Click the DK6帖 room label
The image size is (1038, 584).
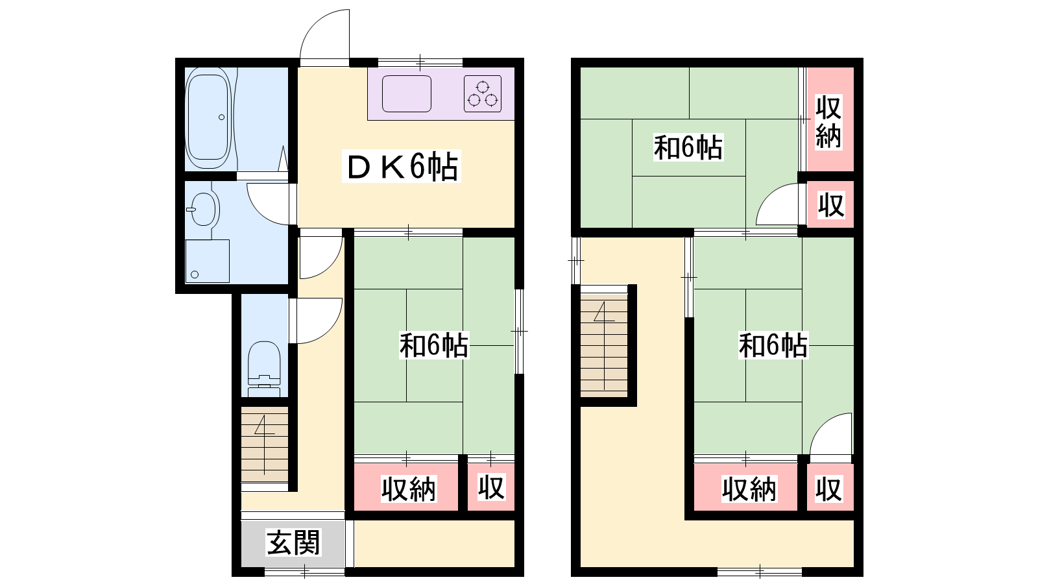tap(402, 166)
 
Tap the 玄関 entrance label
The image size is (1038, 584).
tap(293, 542)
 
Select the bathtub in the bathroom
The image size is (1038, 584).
tap(208, 118)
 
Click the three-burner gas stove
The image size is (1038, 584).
tap(483, 93)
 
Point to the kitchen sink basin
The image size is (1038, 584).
tap(406, 93)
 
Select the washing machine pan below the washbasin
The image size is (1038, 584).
tap(207, 261)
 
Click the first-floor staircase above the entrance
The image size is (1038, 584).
tap(265, 444)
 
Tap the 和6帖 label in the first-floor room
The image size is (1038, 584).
tap(434, 345)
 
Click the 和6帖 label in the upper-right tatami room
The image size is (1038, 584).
tap(688, 147)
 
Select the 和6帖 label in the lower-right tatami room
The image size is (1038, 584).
tap(773, 345)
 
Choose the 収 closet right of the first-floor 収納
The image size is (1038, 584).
tap(490, 487)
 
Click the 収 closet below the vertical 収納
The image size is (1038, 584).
tap(830, 205)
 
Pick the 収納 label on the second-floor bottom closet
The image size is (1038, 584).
tap(749, 489)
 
